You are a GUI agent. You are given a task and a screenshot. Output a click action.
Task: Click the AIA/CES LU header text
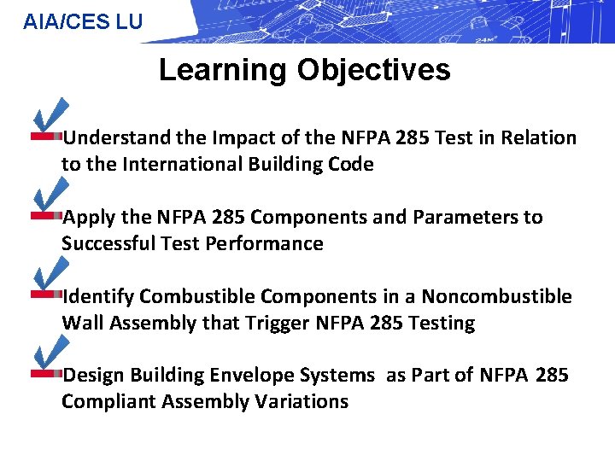point(83,21)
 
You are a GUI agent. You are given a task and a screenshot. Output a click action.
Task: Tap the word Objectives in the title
point(373,70)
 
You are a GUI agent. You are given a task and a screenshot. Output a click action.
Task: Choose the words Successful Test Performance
point(192,244)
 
